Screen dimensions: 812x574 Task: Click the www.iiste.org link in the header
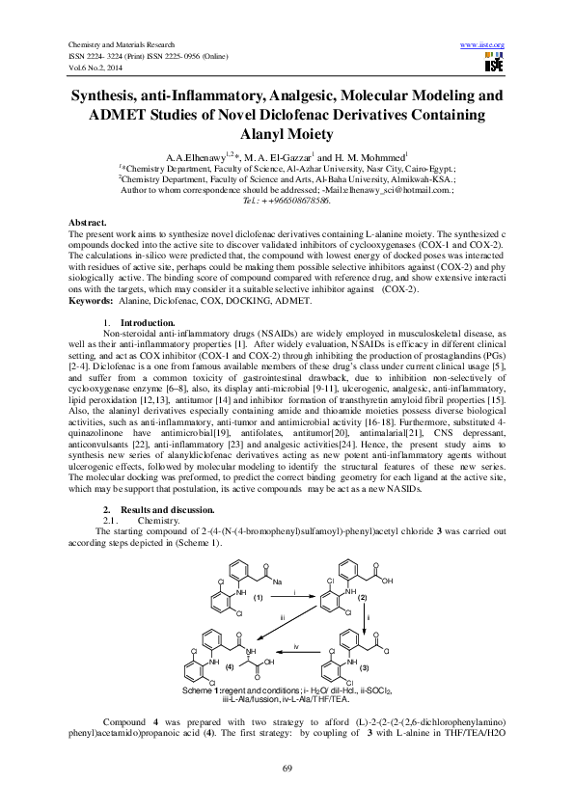click(x=483, y=45)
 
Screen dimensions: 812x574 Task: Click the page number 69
click(x=287, y=767)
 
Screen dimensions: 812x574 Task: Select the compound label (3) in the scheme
click(x=365, y=667)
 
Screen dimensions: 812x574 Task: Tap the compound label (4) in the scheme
click(x=230, y=666)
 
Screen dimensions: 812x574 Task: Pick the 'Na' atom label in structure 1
click(x=277, y=582)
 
